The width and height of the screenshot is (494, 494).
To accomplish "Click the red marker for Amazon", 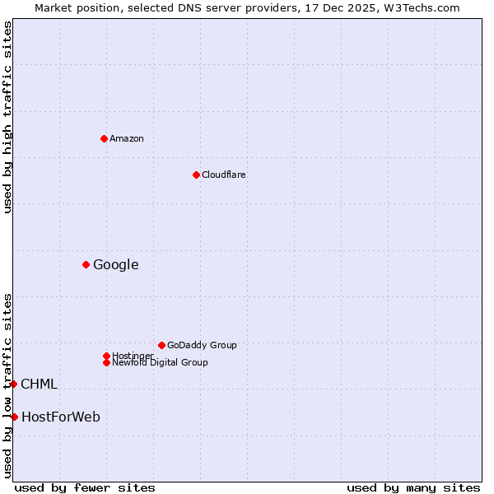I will click(x=104, y=138).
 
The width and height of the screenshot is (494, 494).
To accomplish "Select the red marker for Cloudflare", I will click(x=196, y=175).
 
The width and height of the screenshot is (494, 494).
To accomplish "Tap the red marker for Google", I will click(x=86, y=264).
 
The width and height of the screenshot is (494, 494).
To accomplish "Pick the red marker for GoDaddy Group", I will click(x=161, y=345).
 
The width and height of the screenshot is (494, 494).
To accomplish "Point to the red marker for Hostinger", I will click(x=106, y=356).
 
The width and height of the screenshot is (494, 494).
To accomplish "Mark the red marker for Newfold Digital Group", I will click(x=106, y=362).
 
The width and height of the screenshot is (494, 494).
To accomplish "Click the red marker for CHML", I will click(x=13, y=384).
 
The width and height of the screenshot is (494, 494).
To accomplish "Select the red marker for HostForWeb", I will click(x=14, y=417).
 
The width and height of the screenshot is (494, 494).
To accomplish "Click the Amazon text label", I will click(x=127, y=138).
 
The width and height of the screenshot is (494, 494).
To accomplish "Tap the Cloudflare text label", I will click(x=224, y=175).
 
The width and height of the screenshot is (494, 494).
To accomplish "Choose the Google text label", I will click(x=115, y=264).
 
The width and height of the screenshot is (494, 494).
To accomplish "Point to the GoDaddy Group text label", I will click(x=202, y=345).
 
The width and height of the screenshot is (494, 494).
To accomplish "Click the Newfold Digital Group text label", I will click(x=161, y=362).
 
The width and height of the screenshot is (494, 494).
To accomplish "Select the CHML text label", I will click(x=39, y=384).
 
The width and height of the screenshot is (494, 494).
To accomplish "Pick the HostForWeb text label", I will click(x=61, y=417).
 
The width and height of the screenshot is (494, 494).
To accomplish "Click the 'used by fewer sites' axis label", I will click(x=85, y=487).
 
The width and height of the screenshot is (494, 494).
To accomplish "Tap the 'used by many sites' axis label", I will click(x=413, y=487).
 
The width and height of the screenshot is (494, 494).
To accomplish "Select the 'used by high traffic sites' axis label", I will click(x=7, y=118).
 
